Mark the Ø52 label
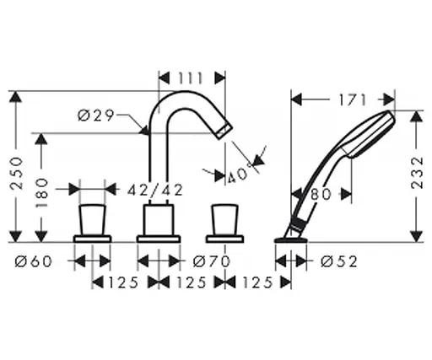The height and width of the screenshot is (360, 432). coord(338,261)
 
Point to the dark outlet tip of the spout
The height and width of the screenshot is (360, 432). coord(221,130)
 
